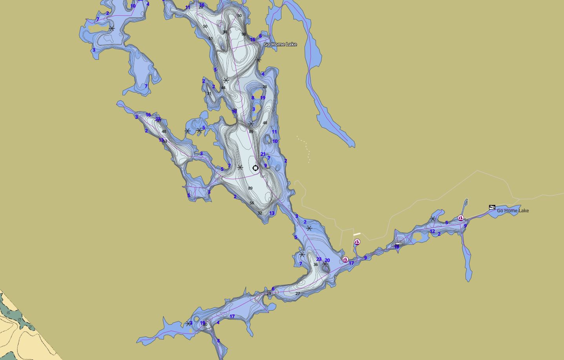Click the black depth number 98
pos(244,34)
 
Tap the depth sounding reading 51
pos(211,38)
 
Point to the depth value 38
pos(225,32)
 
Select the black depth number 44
pos(223,88)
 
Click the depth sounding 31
pos(209,93)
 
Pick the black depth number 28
pos(265,87)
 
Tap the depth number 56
pos(252,203)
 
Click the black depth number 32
pos(260,213)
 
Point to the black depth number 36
pos(316,265)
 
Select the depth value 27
pos(298,293)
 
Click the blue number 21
pos(263,154)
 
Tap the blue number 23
pos(319,259)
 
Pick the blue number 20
pos(327,260)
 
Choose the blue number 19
pos(263,98)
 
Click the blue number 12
pos(432,231)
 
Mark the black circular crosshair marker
pos(256,168)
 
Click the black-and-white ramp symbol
pos(492,207)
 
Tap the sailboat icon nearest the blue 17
pos(345,259)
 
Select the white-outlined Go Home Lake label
pos(280,44)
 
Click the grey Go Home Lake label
pos(513,211)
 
